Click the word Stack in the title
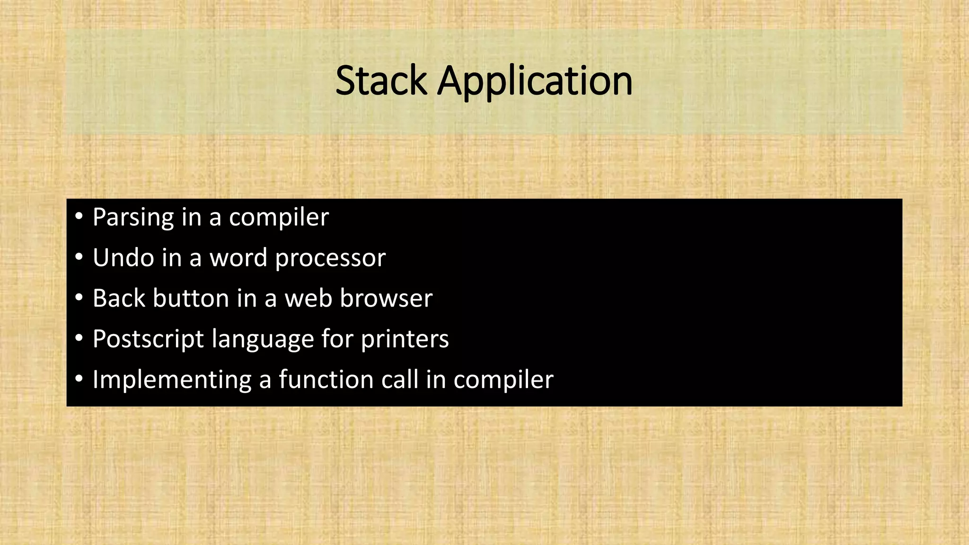click(381, 81)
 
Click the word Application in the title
click(535, 82)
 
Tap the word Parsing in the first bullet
click(133, 218)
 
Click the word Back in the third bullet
click(119, 299)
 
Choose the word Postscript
click(148, 340)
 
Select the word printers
click(405, 340)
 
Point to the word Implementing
click(172, 380)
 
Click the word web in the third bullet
click(308, 299)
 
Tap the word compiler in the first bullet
click(279, 218)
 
